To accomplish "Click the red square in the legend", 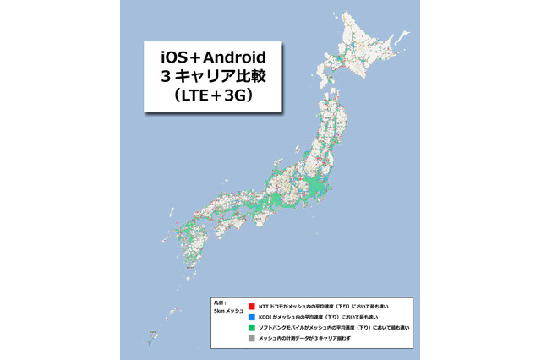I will [252, 305].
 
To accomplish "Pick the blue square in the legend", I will [252, 316].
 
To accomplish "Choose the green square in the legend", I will [252, 326].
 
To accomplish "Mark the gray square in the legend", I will [252, 337].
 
